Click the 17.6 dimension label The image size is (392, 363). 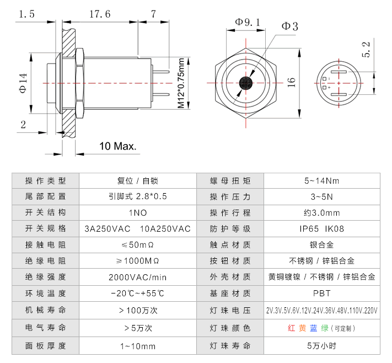(100, 15)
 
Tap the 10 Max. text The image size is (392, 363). (117, 146)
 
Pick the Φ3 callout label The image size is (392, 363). (290, 26)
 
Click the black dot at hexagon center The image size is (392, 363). (246, 83)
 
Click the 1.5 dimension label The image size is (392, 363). (26, 15)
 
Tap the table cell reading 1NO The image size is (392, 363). (137, 212)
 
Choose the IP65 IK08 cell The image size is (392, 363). (321, 228)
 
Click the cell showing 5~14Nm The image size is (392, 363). (321, 180)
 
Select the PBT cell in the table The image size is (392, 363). (321, 293)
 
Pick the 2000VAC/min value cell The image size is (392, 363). (137, 277)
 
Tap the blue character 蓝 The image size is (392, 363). (313, 328)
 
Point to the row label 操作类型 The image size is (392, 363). (45, 180)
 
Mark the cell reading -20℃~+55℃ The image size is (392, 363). (137, 293)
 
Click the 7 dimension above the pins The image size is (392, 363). (153, 15)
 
